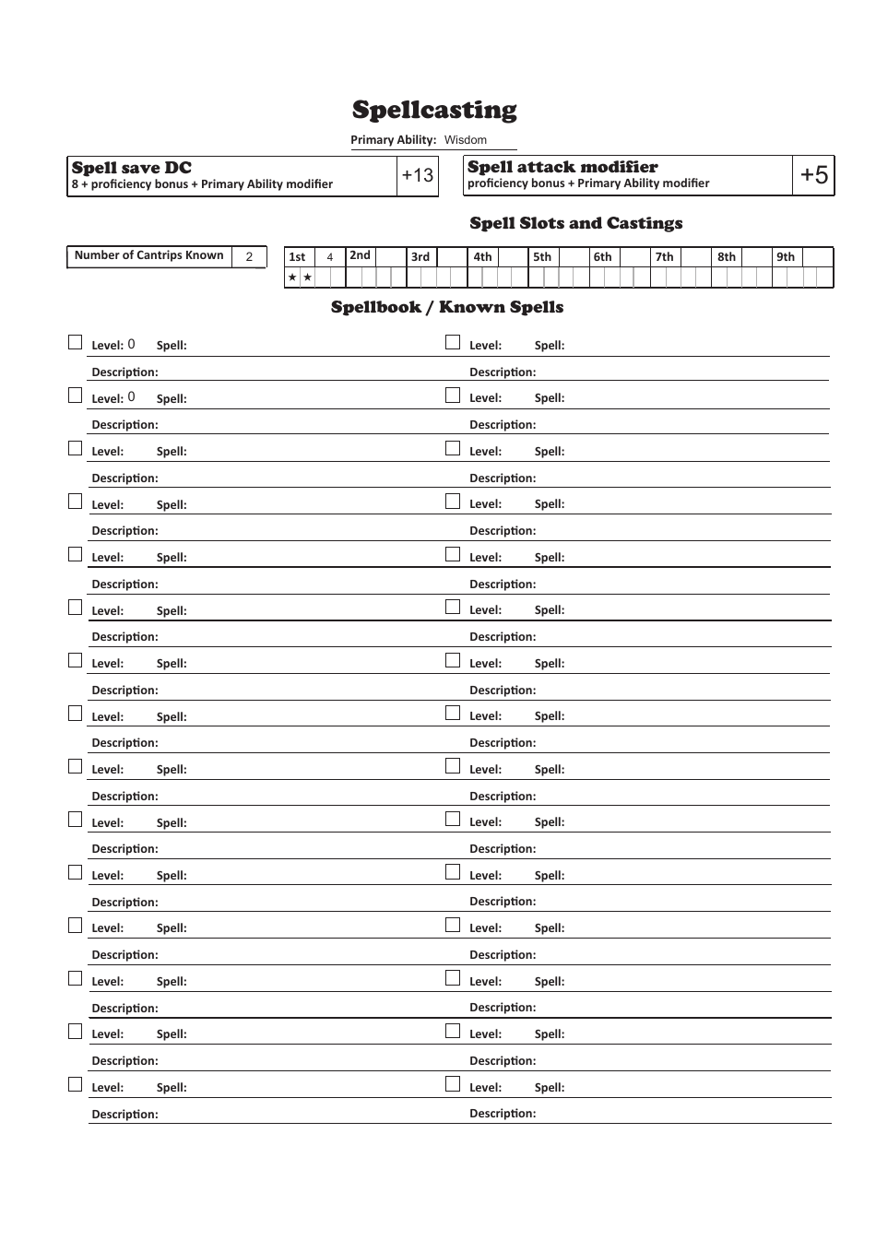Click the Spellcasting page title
(x=434, y=111)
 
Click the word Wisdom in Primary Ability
(x=465, y=140)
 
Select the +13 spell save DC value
(x=417, y=175)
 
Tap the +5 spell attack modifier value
(x=813, y=175)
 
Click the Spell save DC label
(x=132, y=168)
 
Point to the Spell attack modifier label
(x=562, y=167)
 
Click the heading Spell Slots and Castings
(x=575, y=223)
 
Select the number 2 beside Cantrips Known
(x=249, y=257)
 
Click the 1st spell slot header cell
(x=297, y=257)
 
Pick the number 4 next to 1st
(x=330, y=258)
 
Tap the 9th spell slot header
(x=785, y=257)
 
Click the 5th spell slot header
(x=542, y=257)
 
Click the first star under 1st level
(x=292, y=278)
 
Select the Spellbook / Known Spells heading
(x=447, y=307)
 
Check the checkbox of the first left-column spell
(x=76, y=342)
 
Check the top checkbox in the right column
(x=453, y=342)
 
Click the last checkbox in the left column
(x=76, y=1084)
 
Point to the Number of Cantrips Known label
(x=148, y=255)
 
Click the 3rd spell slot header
(x=420, y=257)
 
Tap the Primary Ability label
(x=393, y=140)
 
